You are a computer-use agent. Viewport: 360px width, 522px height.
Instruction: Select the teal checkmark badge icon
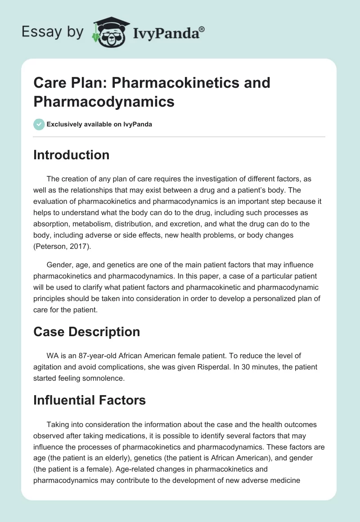coord(39,124)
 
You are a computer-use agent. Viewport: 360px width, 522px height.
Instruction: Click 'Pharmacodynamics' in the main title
coord(104,101)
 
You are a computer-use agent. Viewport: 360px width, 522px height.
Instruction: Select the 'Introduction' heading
coord(71,155)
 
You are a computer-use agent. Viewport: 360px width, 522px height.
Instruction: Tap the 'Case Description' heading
coord(86,332)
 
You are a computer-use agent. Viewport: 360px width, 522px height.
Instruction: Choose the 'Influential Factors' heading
coord(90,400)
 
